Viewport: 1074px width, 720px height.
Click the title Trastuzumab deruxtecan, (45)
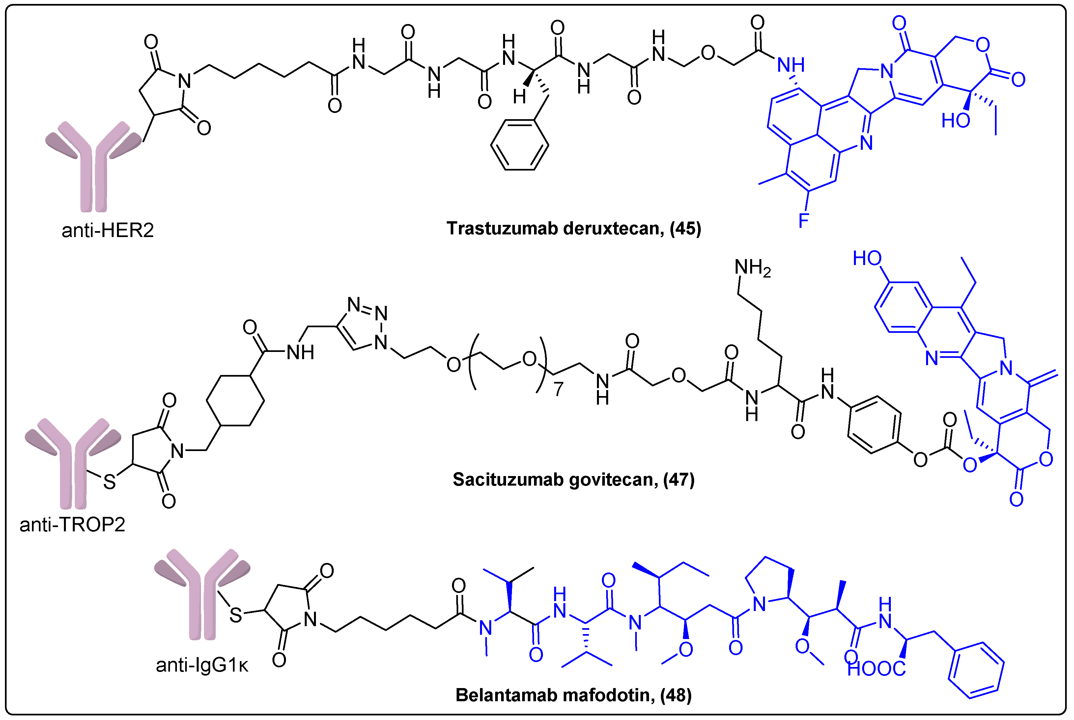pos(574,228)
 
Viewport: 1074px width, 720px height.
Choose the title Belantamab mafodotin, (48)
pos(573,695)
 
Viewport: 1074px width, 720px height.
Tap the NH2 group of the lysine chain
pos(752,268)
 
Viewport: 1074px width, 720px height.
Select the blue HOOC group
pos(876,669)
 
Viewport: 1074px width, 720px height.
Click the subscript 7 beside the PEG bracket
pos(558,389)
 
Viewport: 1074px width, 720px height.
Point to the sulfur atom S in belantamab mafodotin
pos(236,615)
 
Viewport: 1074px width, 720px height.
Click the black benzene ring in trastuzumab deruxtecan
pos(520,145)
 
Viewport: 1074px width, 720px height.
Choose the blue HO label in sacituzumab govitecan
pos(867,258)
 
